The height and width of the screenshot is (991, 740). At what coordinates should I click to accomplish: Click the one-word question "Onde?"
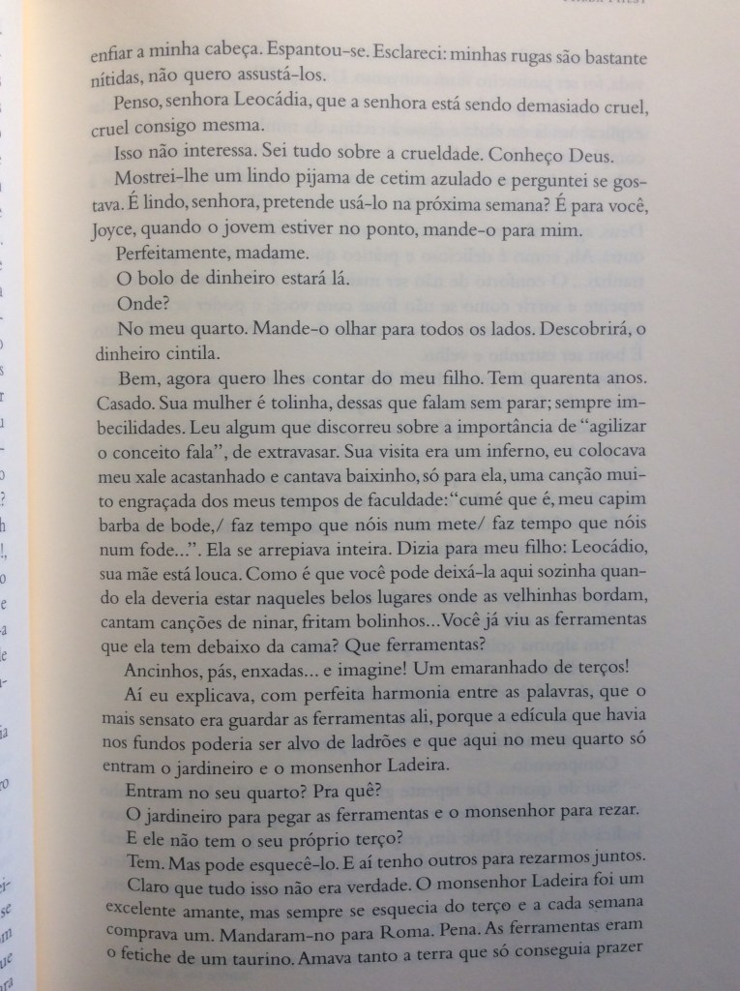[x=143, y=304]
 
